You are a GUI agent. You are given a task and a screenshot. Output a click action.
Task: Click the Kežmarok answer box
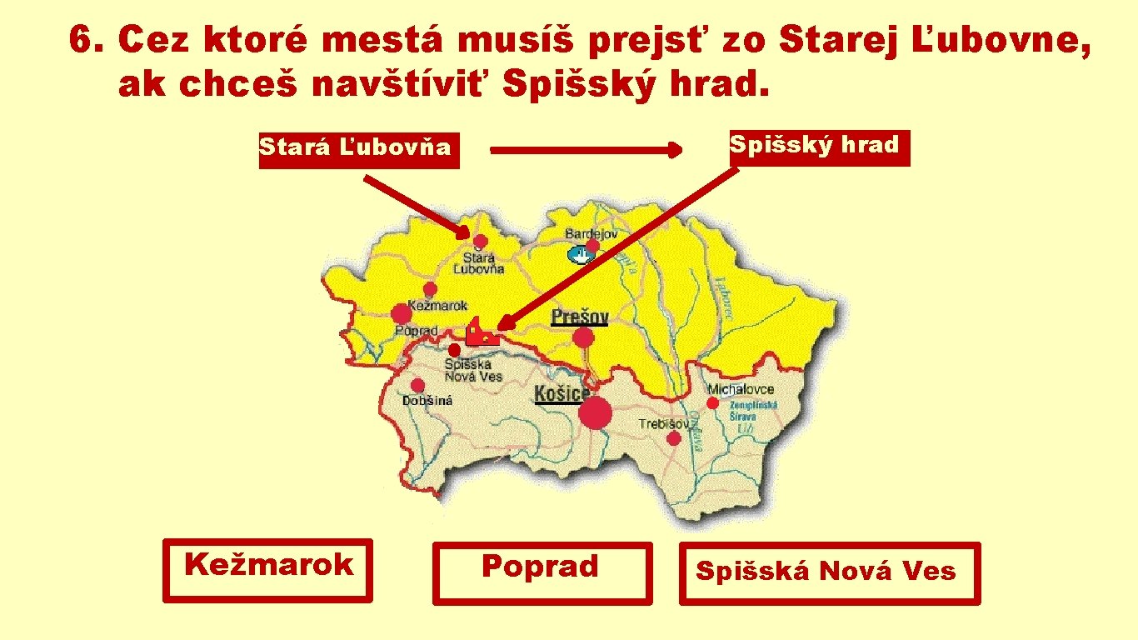[x=267, y=570]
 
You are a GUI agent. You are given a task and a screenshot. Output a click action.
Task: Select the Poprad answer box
[x=542, y=573]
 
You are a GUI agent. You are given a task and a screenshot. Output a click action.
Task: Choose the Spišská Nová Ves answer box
[x=829, y=573]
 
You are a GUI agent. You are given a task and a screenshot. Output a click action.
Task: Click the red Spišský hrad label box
[x=818, y=147]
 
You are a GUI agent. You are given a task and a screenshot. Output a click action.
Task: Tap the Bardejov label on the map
[x=591, y=234]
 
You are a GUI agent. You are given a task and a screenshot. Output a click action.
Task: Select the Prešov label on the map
[x=580, y=317]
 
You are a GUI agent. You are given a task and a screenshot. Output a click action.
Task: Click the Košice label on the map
[x=561, y=393]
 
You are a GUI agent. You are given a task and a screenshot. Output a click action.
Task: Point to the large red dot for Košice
[x=595, y=412]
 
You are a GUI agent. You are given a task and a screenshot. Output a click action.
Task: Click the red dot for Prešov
[x=584, y=337]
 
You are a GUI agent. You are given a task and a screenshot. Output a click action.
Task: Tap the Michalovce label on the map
[x=741, y=389]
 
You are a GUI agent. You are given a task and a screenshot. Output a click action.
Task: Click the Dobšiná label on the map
[x=427, y=401]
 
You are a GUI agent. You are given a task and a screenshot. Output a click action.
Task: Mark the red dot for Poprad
[x=402, y=313]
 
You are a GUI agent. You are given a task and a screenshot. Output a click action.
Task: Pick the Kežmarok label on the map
[x=437, y=306]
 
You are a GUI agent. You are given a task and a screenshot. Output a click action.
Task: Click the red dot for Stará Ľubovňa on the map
[x=481, y=242]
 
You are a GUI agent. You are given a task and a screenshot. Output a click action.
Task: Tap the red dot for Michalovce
[x=713, y=403]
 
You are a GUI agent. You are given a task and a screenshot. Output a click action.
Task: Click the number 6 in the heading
[x=81, y=38]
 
